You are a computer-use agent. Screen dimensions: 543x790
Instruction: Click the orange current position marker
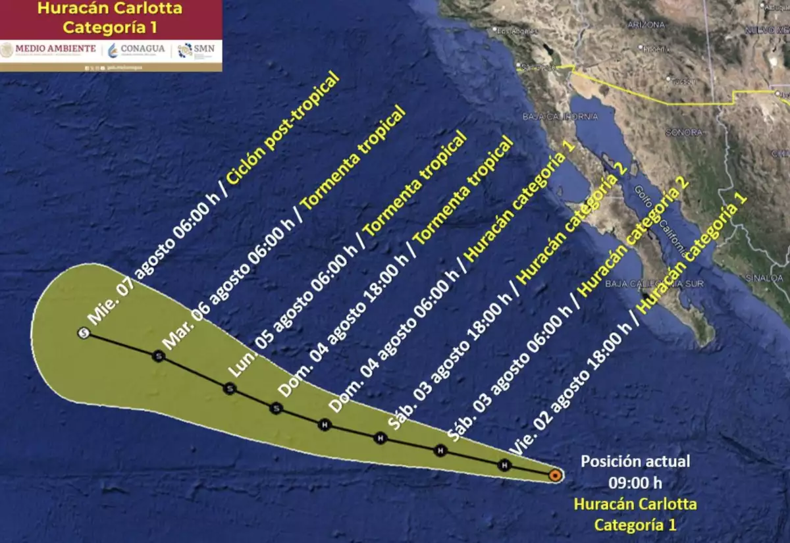pos(555,475)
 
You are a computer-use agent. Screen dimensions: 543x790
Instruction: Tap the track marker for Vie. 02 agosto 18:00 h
pos(504,465)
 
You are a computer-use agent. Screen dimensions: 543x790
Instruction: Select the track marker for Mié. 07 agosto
pos(83,333)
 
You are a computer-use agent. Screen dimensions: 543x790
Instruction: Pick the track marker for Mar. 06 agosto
pos(158,356)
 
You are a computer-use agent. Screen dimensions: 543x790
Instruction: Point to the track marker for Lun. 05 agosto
pos(229,388)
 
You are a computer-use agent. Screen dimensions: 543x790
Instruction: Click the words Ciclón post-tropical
pos(284,128)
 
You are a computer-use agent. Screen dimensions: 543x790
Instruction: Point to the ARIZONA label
pos(646,24)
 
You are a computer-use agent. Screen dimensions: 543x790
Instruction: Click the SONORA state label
pos(684,132)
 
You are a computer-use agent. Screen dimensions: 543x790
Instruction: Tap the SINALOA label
pos(764,278)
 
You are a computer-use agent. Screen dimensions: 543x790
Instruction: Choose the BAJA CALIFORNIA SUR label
pos(654,284)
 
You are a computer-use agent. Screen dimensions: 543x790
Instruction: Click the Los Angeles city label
pos(515,31)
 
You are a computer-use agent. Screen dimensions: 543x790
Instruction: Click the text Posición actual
pos(635,461)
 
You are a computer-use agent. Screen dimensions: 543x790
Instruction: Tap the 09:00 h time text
pos(635,482)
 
